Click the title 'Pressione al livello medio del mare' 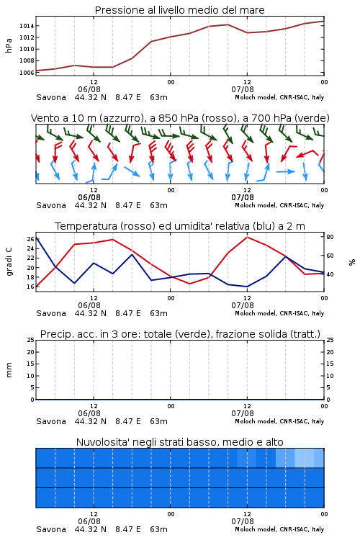point(179,10)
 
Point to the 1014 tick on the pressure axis point(27,26)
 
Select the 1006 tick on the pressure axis point(27,72)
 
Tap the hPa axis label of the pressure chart point(9,45)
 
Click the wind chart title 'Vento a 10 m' point(180,118)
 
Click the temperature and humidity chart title point(180,226)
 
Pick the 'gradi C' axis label point(9,261)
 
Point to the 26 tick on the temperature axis point(30,239)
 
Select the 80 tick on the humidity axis point(330,237)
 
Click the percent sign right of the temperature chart point(352,262)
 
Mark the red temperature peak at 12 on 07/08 point(247,237)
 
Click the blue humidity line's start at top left point(36,237)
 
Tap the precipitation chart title point(180,334)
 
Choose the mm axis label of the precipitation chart point(9,370)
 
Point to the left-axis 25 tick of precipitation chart point(30,340)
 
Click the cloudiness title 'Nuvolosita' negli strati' point(180,442)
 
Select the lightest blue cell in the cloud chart point(305,458)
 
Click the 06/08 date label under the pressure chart point(89,89)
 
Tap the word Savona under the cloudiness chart point(51,529)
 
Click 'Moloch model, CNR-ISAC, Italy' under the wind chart point(279,205)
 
